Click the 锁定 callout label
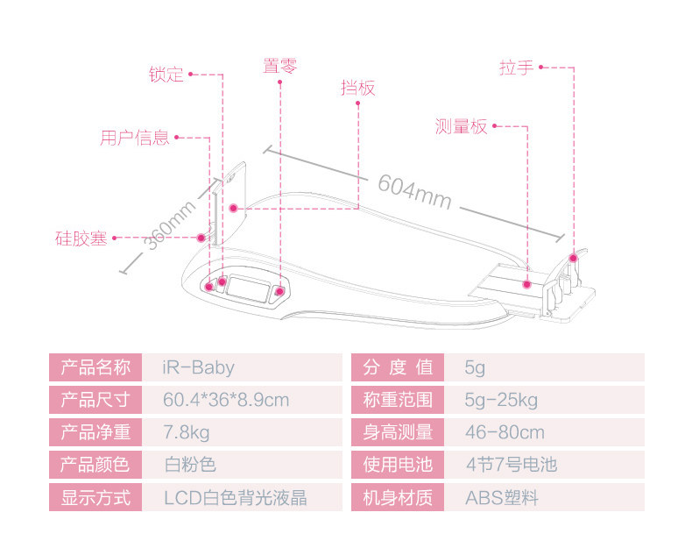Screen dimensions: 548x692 166,75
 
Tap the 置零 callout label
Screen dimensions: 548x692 280,66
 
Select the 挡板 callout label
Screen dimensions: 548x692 357,88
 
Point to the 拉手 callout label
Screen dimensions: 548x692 516,67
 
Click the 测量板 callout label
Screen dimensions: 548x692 461,126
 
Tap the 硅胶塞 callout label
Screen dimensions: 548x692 81,238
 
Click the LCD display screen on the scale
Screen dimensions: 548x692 248,287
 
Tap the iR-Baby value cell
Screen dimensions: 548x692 199,367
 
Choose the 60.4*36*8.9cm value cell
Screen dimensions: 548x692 226,400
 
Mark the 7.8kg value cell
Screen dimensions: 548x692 187,432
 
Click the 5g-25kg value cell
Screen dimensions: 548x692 501,400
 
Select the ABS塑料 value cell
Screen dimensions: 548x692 501,498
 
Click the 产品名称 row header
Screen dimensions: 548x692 95,367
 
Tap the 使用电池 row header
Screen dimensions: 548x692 398,465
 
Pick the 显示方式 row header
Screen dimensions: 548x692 95,498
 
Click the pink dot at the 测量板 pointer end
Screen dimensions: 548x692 527,283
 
